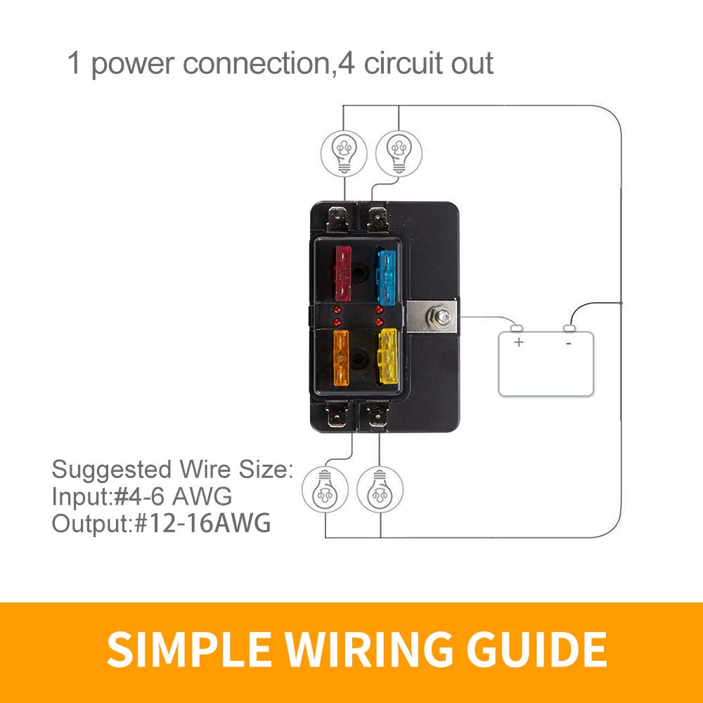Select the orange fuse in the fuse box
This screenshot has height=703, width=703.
(340, 356)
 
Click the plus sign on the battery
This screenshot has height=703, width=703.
(519, 342)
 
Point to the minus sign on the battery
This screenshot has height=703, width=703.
(569, 343)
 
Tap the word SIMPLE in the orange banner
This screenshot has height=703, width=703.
(183, 651)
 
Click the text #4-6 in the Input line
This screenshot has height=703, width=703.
(136, 497)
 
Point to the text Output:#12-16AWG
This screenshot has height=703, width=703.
(161, 524)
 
